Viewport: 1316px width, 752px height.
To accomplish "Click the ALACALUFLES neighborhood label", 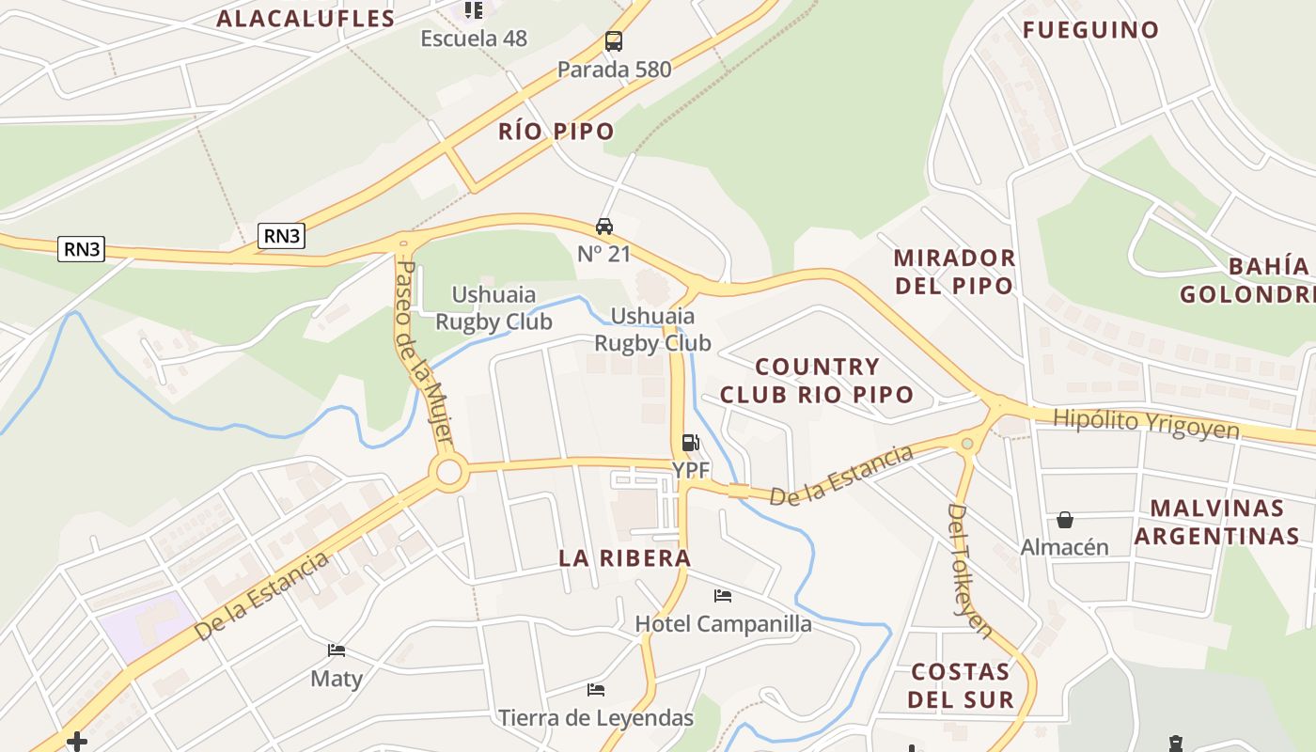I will [x=305, y=19].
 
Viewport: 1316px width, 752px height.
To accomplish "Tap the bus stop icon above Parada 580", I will [x=614, y=41].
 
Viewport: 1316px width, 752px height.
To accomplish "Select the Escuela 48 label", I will [x=474, y=39].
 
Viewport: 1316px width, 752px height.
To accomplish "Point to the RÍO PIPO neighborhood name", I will [x=556, y=132].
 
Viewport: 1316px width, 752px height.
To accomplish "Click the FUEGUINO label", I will [x=1090, y=30].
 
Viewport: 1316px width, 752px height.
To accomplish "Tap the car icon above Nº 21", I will [x=604, y=227].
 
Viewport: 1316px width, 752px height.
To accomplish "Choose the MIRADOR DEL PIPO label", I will [x=954, y=272].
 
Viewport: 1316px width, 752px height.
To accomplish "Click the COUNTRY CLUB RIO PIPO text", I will [x=817, y=381].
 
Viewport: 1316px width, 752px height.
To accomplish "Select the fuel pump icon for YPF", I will [x=690, y=443].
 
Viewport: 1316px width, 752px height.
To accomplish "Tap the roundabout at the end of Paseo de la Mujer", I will [x=448, y=472].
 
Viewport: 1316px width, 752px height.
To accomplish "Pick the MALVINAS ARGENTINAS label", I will [x=1216, y=522].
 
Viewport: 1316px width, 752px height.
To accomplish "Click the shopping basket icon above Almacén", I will [x=1065, y=520].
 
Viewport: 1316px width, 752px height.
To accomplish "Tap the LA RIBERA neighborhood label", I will [x=625, y=558].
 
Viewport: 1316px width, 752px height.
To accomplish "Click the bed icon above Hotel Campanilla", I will [x=723, y=596].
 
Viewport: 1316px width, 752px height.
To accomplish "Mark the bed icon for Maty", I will [x=337, y=650].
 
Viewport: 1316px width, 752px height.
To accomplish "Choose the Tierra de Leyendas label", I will [x=596, y=719].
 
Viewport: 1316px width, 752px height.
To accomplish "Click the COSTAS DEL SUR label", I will [x=960, y=686].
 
